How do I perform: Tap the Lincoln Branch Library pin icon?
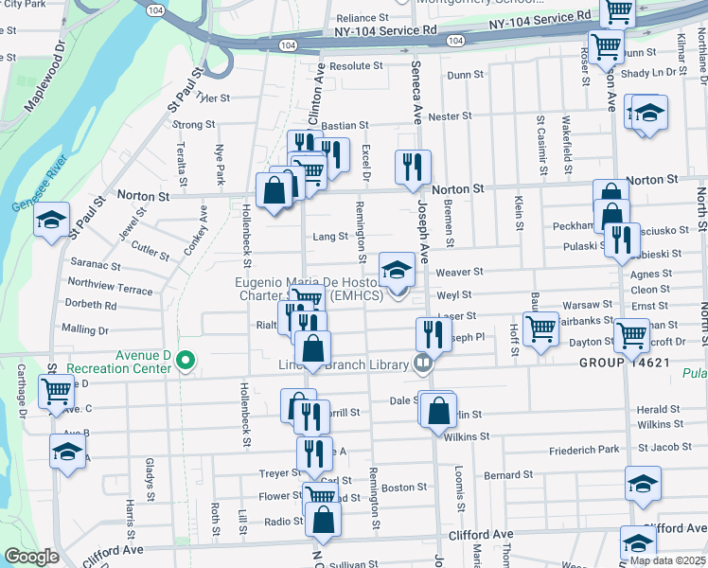(x=423, y=362)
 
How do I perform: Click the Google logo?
(x=31, y=557)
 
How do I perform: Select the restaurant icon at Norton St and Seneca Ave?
(x=412, y=168)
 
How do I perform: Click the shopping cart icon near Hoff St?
(x=540, y=329)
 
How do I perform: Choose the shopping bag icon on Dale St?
(x=437, y=411)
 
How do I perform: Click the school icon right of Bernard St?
(x=643, y=484)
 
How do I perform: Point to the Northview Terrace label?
(x=110, y=287)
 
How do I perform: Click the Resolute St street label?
(x=356, y=67)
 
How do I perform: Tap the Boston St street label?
(x=404, y=488)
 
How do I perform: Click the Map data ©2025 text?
(x=667, y=559)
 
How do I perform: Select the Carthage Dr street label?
(x=21, y=394)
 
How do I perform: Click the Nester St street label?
(x=450, y=116)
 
